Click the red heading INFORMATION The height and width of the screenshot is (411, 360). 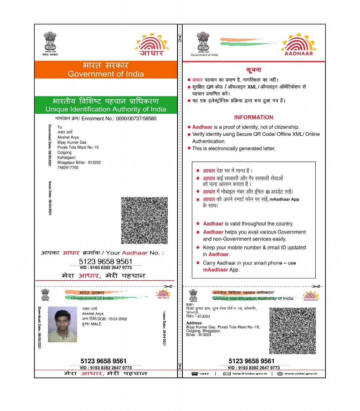(x=253, y=117)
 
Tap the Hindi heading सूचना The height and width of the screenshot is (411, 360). (x=253, y=70)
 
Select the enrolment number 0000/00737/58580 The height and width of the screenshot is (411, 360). (x=136, y=118)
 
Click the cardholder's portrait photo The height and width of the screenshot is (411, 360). (x=62, y=324)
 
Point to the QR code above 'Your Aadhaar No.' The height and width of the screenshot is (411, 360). (x=144, y=220)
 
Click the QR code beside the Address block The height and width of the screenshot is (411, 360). (x=292, y=331)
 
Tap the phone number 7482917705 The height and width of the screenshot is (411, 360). (x=68, y=167)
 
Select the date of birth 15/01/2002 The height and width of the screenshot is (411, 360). (x=117, y=319)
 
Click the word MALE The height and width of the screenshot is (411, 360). (x=96, y=324)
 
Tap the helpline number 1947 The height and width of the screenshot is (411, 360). (x=204, y=374)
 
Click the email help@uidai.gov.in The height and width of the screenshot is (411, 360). (x=250, y=374)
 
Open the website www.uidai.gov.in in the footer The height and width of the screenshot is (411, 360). (x=301, y=374)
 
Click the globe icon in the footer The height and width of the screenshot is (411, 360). (x=280, y=374)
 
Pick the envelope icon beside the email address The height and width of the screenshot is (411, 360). (x=227, y=374)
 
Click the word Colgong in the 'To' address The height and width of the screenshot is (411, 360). (x=64, y=152)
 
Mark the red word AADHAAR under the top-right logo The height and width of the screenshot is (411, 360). (x=299, y=53)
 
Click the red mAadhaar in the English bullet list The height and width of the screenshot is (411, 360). (x=215, y=270)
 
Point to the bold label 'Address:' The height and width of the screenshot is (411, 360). (x=194, y=323)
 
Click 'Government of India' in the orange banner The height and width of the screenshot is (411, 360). (x=106, y=74)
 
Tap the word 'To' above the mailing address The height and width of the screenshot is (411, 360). (x=60, y=127)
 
